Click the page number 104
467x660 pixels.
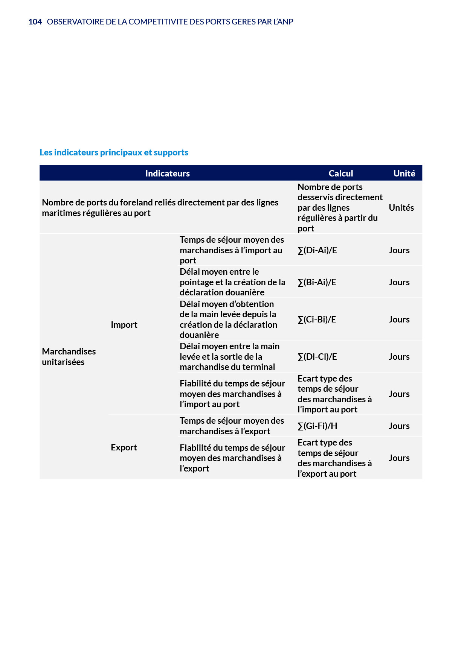[35, 22]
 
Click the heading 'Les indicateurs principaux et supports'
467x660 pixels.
[114, 152]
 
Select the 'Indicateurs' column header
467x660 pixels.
[167, 173]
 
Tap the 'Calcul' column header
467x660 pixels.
[340, 173]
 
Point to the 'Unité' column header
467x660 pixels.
[404, 173]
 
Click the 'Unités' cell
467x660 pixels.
[401, 208]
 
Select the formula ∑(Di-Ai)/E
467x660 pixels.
[317, 250]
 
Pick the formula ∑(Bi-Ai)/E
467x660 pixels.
[317, 282]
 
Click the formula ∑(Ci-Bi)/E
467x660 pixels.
[317, 319]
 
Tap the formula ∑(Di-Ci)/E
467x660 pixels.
[317, 357]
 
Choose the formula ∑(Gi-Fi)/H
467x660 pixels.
[317, 426]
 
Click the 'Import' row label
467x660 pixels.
[124, 325]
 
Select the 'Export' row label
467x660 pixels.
[124, 447]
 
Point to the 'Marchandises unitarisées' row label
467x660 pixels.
[69, 357]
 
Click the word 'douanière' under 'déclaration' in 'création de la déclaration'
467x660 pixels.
[199, 335]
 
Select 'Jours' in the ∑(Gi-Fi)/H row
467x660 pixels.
[399, 426]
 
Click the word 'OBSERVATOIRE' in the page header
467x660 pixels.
[75, 22]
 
